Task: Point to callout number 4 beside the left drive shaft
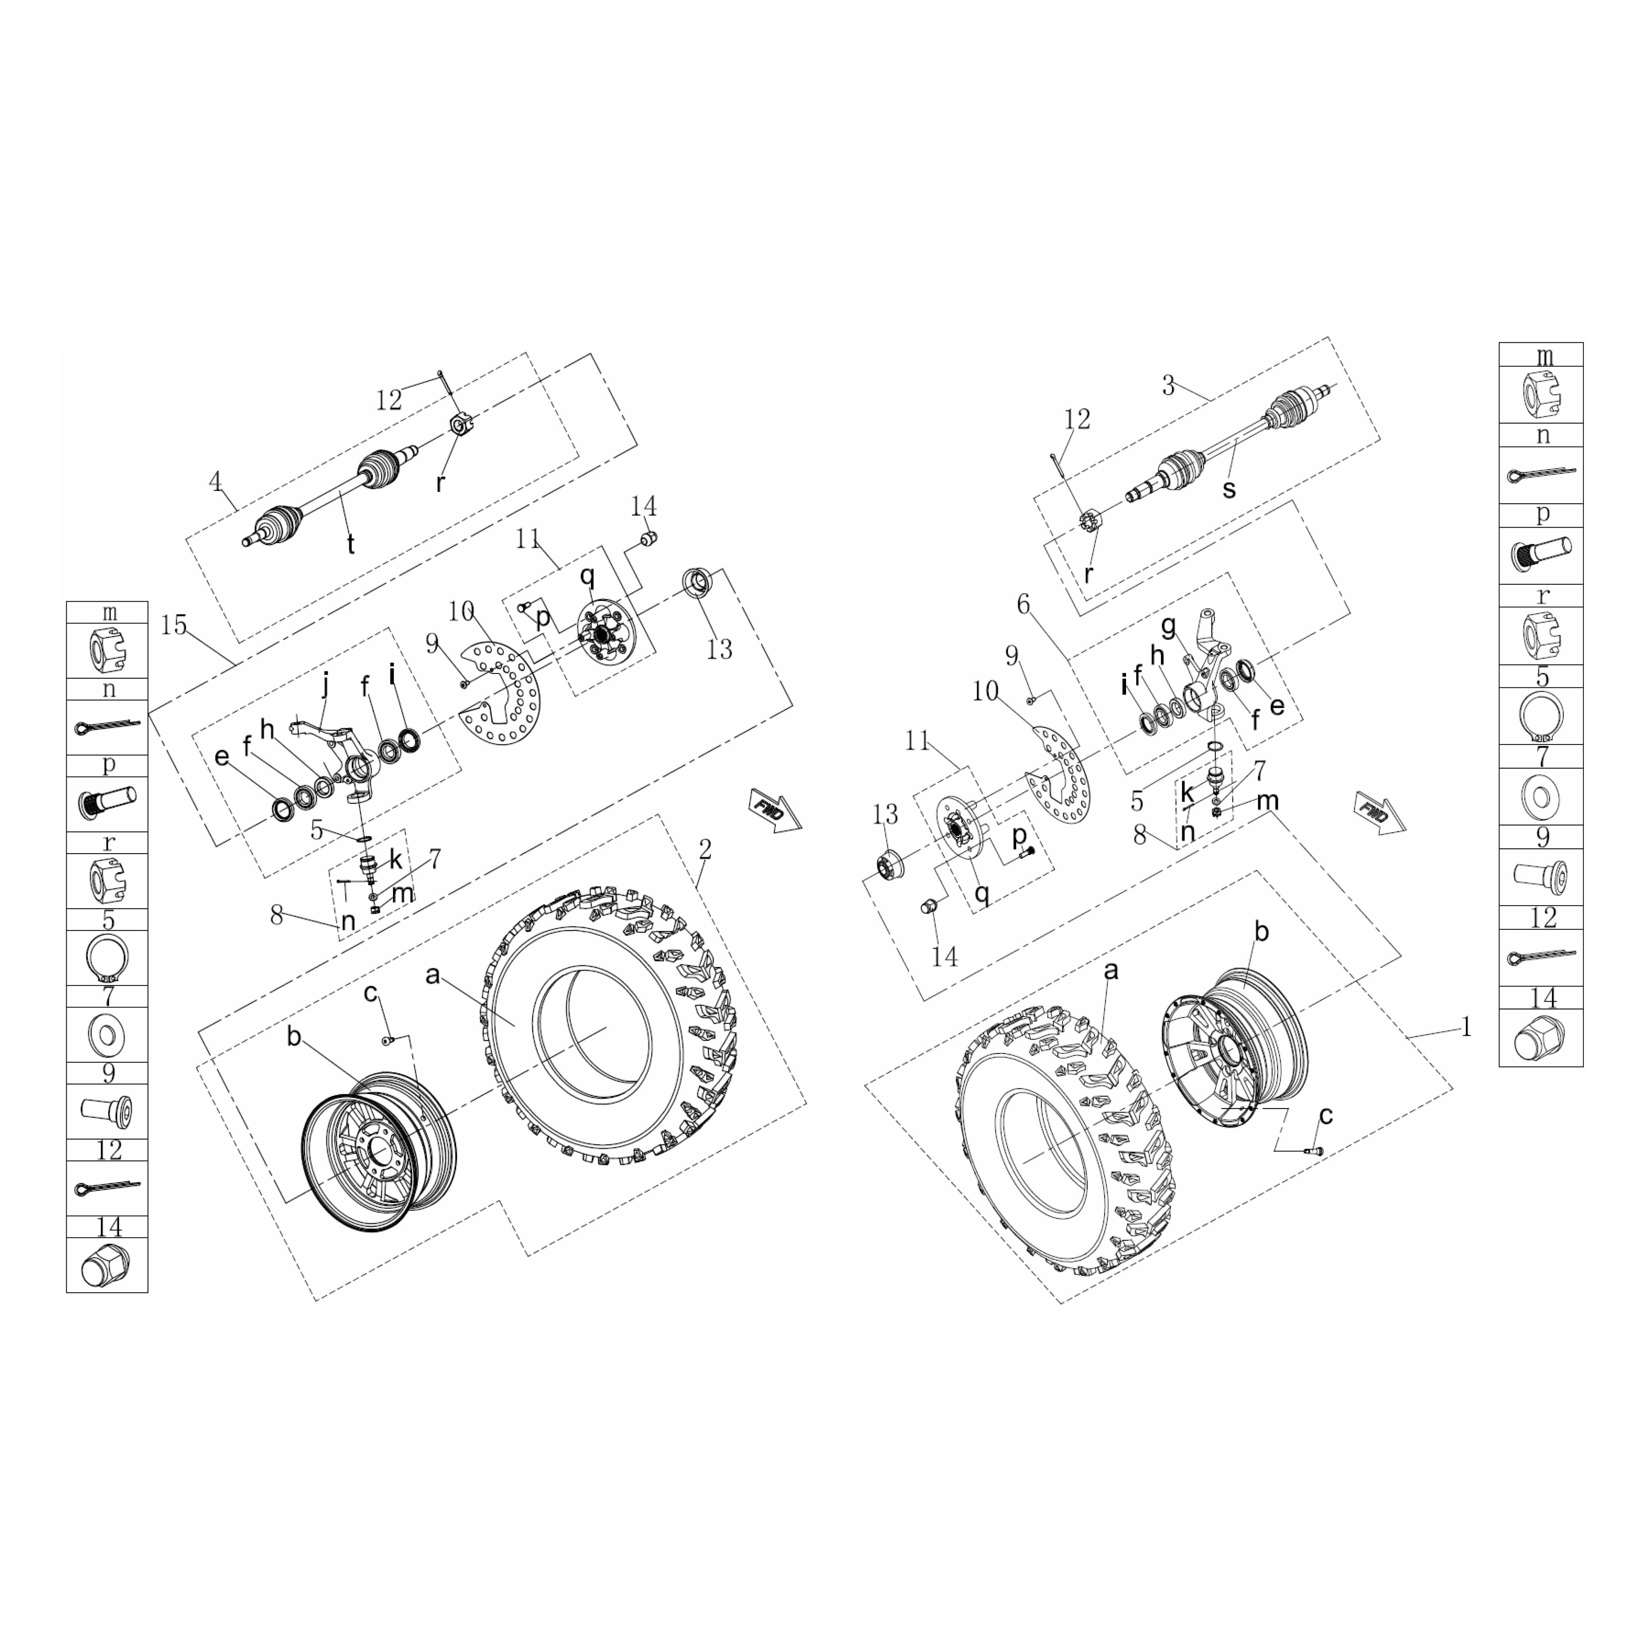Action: click(215, 482)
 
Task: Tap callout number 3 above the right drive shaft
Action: click(1168, 385)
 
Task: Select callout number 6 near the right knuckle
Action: click(1023, 604)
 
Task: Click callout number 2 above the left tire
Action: click(704, 849)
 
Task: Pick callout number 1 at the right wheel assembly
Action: click(1466, 1026)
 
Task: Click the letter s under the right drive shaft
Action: click(1229, 489)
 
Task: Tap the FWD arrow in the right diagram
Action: click(1379, 812)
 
